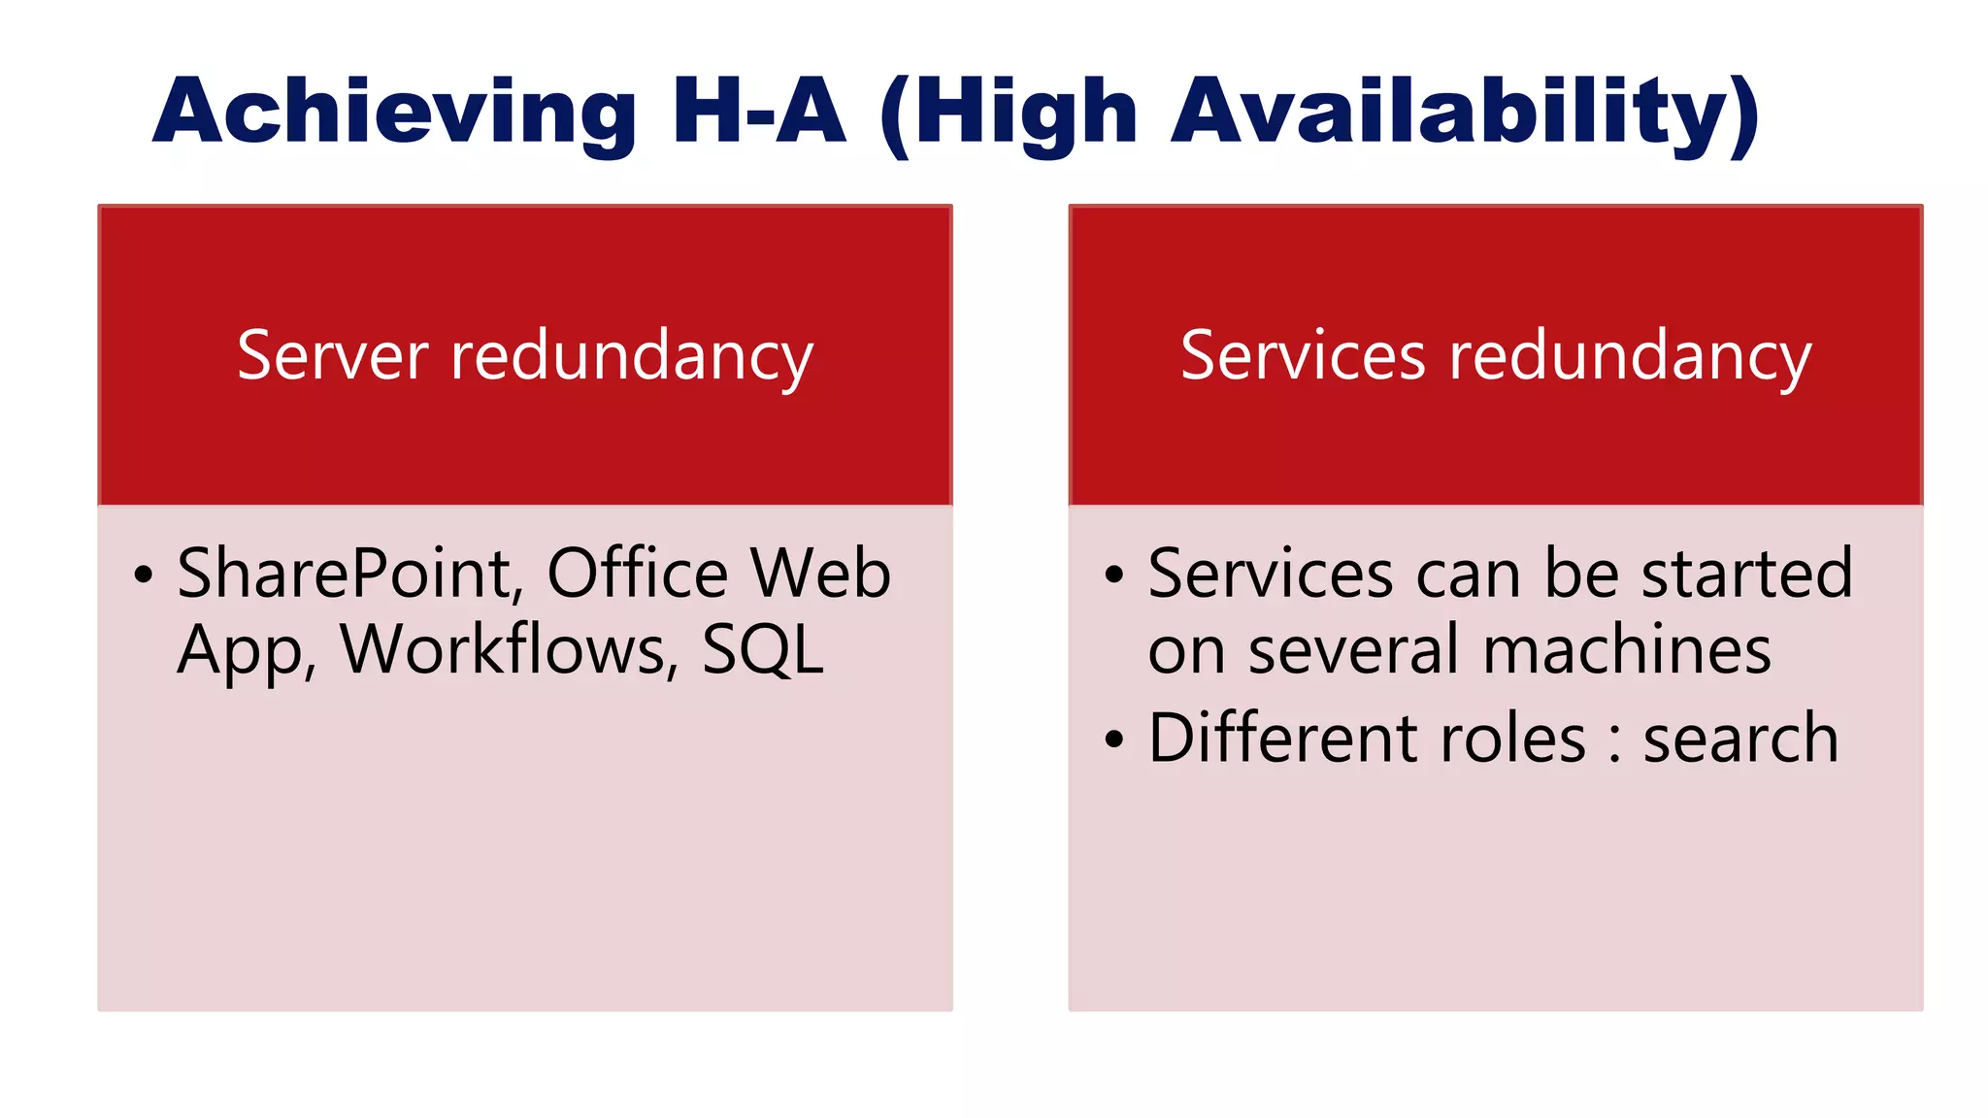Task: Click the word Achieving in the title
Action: pyautogui.click(x=394, y=113)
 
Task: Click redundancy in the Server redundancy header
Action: pyautogui.click(x=632, y=357)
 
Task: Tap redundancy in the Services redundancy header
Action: pyautogui.click(x=1631, y=357)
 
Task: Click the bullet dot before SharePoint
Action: pyautogui.click(x=144, y=575)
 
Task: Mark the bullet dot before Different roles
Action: pyautogui.click(x=1114, y=740)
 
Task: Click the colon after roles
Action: pyautogui.click(x=1615, y=742)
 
